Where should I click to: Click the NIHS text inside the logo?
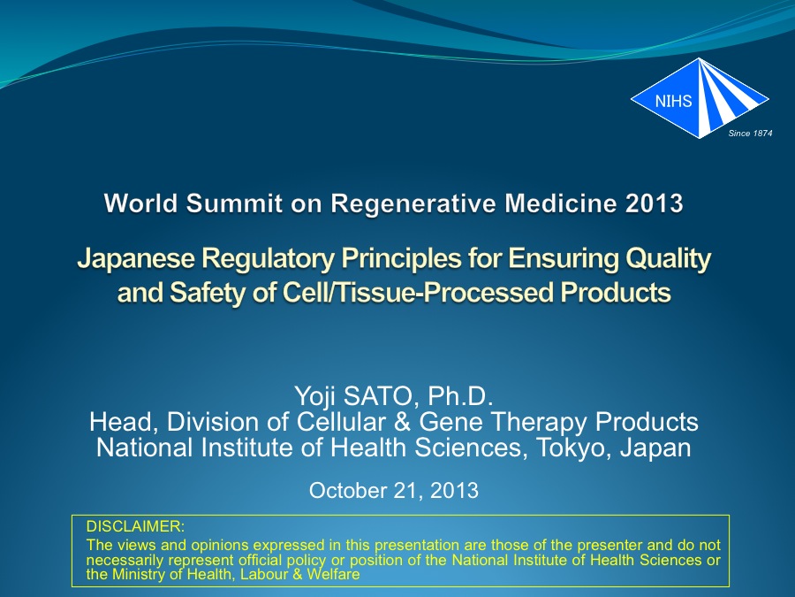tap(673, 101)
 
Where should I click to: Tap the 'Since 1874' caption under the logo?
tap(750, 133)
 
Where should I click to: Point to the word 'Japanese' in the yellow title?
tap(136, 258)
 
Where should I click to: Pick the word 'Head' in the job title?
tap(122, 422)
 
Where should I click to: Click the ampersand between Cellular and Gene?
tap(402, 422)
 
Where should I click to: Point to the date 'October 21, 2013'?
tap(394, 490)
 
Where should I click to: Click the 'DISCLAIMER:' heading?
tap(135, 526)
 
